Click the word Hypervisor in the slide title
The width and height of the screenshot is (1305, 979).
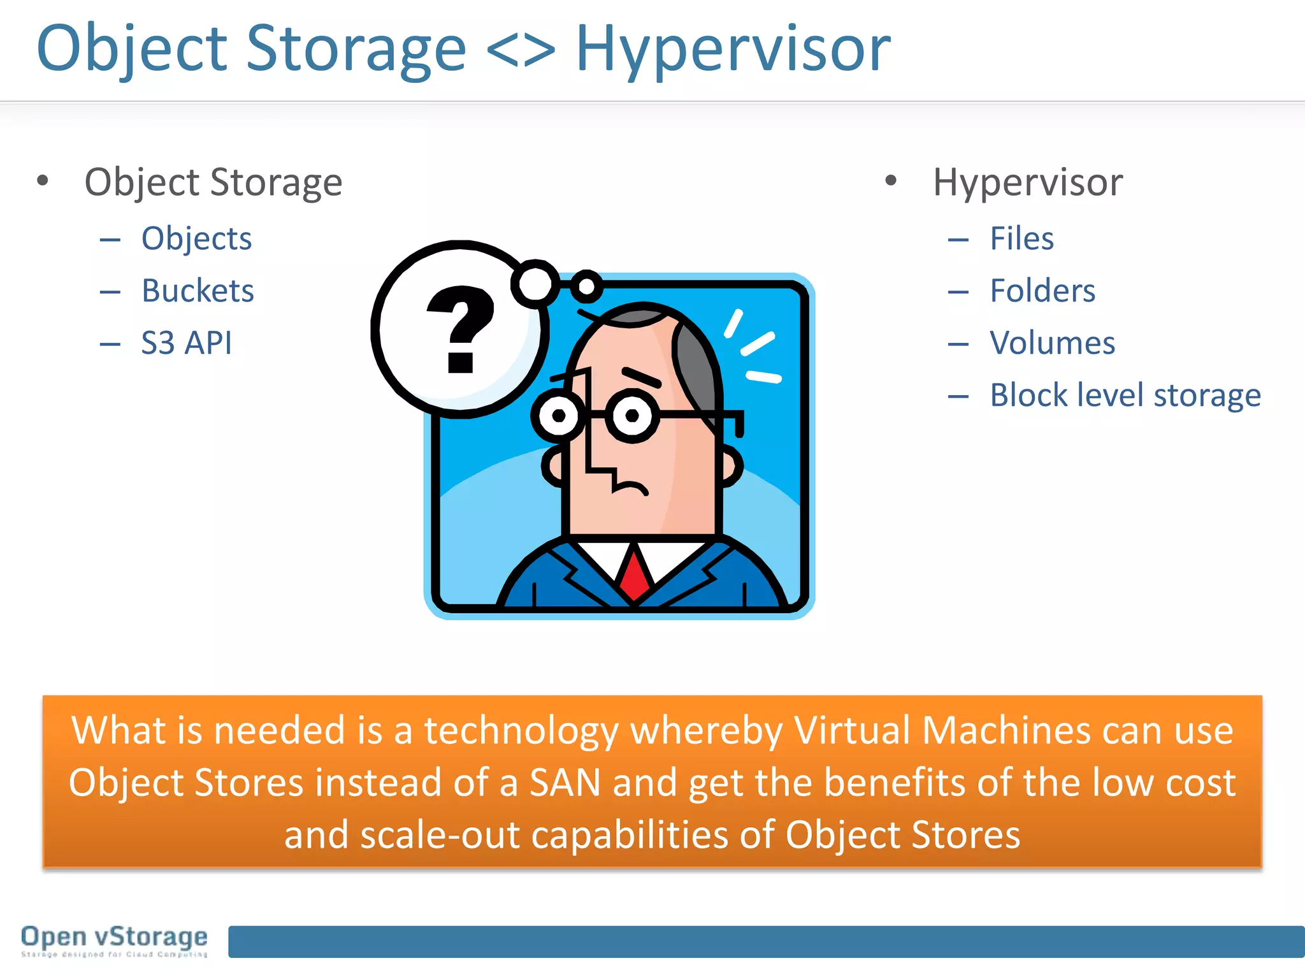pos(733,50)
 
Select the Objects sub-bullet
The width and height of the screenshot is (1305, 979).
pos(196,239)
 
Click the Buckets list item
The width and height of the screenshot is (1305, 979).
pos(198,291)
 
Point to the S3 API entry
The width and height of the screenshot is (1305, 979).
pos(186,344)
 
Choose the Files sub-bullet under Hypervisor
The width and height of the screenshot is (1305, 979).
pos(1021,239)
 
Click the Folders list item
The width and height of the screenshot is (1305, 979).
pos(1042,291)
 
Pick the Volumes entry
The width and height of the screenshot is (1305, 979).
pos(1052,344)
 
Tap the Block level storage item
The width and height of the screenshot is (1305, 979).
pos(1125,396)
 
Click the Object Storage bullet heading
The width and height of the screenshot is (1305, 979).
pos(213,183)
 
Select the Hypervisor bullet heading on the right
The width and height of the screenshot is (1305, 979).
pos(1027,183)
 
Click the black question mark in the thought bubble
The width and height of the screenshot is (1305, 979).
pos(460,328)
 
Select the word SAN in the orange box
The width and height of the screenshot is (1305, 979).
pos(565,783)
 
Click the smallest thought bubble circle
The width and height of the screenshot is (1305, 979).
pos(586,287)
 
